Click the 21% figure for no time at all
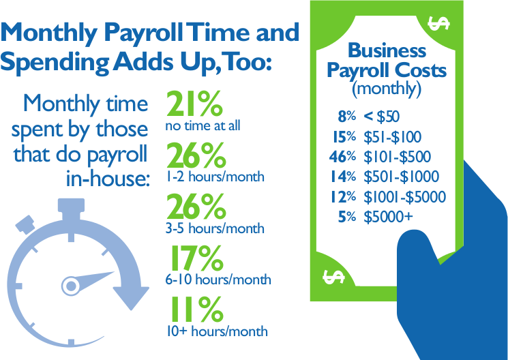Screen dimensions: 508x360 point(195,104)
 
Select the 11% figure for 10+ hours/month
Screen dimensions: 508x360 point(196,309)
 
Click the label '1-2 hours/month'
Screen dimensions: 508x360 point(215,177)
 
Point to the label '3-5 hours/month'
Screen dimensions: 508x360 point(215,228)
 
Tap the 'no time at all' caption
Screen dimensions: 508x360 point(203,125)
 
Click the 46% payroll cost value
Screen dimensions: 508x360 point(342,157)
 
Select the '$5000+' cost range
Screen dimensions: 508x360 point(389,217)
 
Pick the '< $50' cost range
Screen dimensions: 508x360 point(382,117)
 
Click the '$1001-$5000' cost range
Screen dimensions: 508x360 point(404,196)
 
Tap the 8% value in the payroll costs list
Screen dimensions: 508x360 point(346,117)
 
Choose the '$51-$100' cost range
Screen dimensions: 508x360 point(392,137)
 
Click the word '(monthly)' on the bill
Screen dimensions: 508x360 point(387,89)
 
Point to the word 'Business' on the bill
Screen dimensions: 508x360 point(387,50)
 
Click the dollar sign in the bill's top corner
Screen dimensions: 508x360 point(438,23)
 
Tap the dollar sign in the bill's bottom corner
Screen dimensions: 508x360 point(333,277)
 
